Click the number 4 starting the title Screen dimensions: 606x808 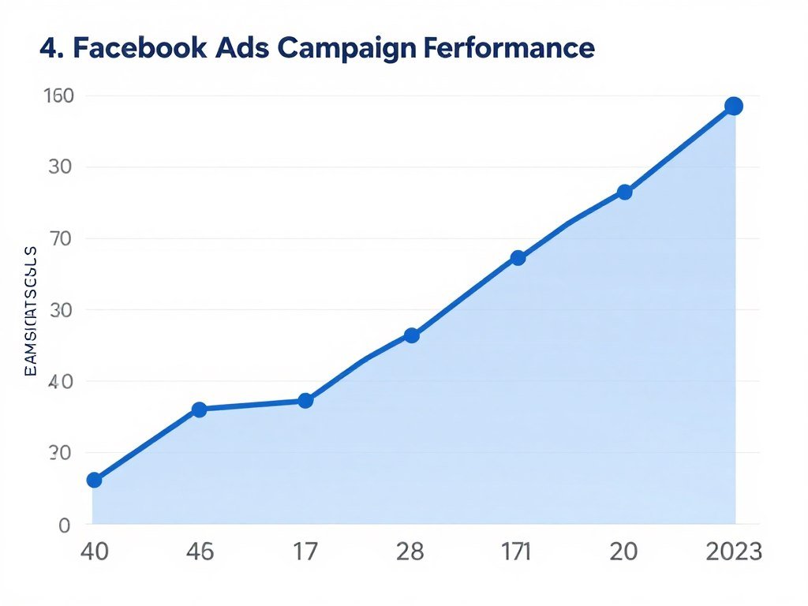tap(48, 48)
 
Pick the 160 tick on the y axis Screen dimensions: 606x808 tap(57, 95)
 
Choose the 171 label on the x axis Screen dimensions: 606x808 tap(516, 551)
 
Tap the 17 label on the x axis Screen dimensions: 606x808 tap(305, 551)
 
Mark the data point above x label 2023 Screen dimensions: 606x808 tap(733, 107)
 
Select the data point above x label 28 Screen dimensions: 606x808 tap(411, 335)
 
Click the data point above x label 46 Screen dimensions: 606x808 tap(199, 410)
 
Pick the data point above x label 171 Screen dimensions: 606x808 tap(518, 258)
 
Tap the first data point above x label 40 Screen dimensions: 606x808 tap(94, 480)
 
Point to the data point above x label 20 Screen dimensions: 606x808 tap(624, 192)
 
